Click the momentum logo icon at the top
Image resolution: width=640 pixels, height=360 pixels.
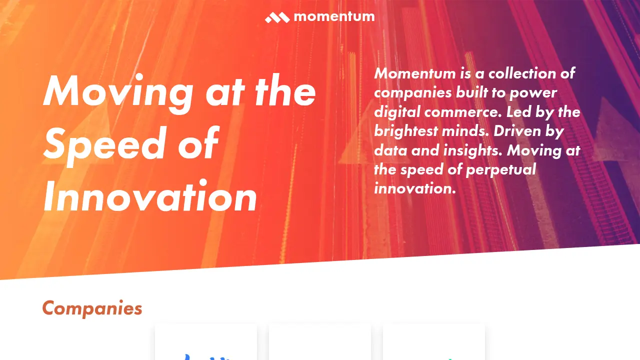pyautogui.click(x=277, y=17)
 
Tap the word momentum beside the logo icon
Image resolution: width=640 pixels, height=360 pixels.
pyautogui.click(x=334, y=16)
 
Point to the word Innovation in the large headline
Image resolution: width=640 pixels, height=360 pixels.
pyautogui.click(x=150, y=197)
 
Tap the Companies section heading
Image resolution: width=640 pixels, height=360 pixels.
pyautogui.click(x=92, y=308)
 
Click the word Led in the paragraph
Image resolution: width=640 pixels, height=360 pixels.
pyautogui.click(x=518, y=112)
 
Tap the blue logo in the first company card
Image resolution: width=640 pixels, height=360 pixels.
pyautogui.click(x=206, y=356)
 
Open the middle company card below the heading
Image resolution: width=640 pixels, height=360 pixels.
pyautogui.click(x=320, y=345)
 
